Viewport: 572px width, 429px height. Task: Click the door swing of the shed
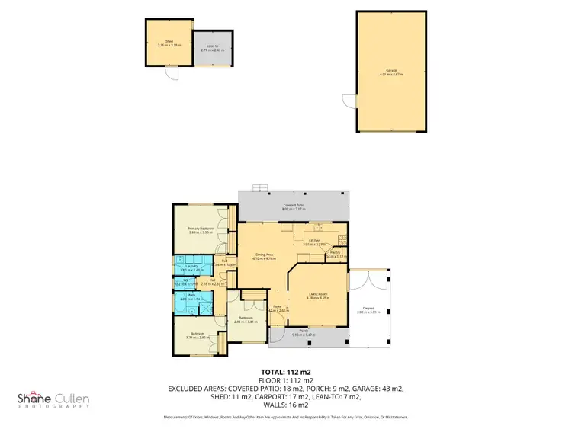click(172, 75)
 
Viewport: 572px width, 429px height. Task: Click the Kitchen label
click(314, 241)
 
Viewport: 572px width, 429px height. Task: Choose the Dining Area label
click(263, 256)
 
